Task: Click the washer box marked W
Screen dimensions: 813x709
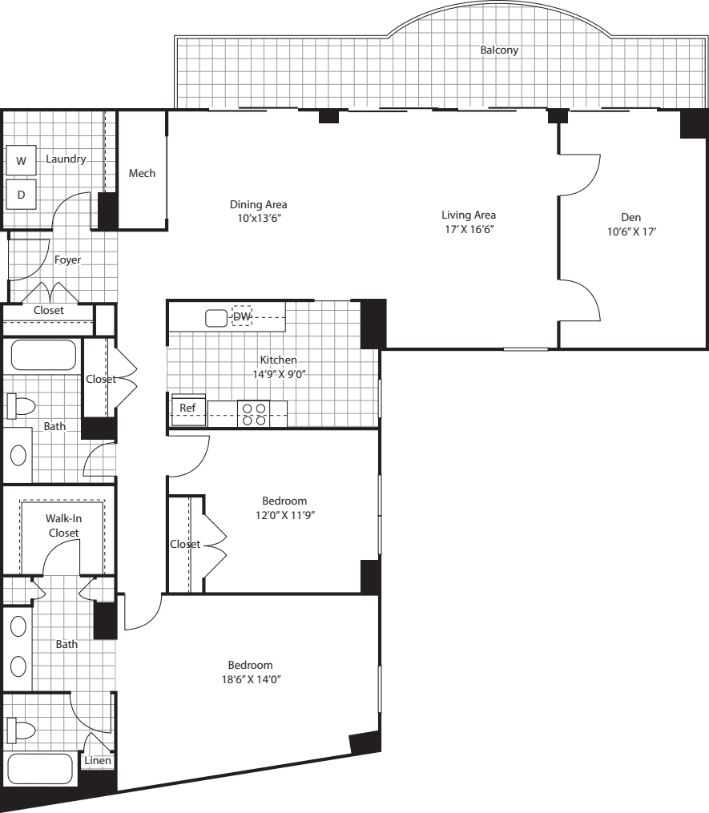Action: [x=22, y=161]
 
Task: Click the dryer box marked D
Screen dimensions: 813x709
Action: [x=22, y=194]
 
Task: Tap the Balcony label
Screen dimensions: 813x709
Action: [x=499, y=50]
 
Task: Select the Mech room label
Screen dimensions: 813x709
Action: [x=142, y=173]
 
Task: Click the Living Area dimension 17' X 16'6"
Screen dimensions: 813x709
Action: [x=469, y=229]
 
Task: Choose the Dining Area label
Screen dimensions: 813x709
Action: [x=258, y=203]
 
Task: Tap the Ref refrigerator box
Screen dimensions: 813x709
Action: [x=187, y=408]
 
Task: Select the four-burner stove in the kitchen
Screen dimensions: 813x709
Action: [x=254, y=413]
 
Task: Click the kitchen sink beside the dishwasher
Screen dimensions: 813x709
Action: [x=216, y=318]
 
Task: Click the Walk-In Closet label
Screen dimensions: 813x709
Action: [x=63, y=525]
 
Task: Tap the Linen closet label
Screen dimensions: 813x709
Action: [x=98, y=760]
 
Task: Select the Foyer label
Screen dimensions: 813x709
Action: [x=67, y=260]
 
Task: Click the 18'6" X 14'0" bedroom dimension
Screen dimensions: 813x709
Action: [x=250, y=679]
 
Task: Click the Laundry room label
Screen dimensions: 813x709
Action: [x=66, y=159]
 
